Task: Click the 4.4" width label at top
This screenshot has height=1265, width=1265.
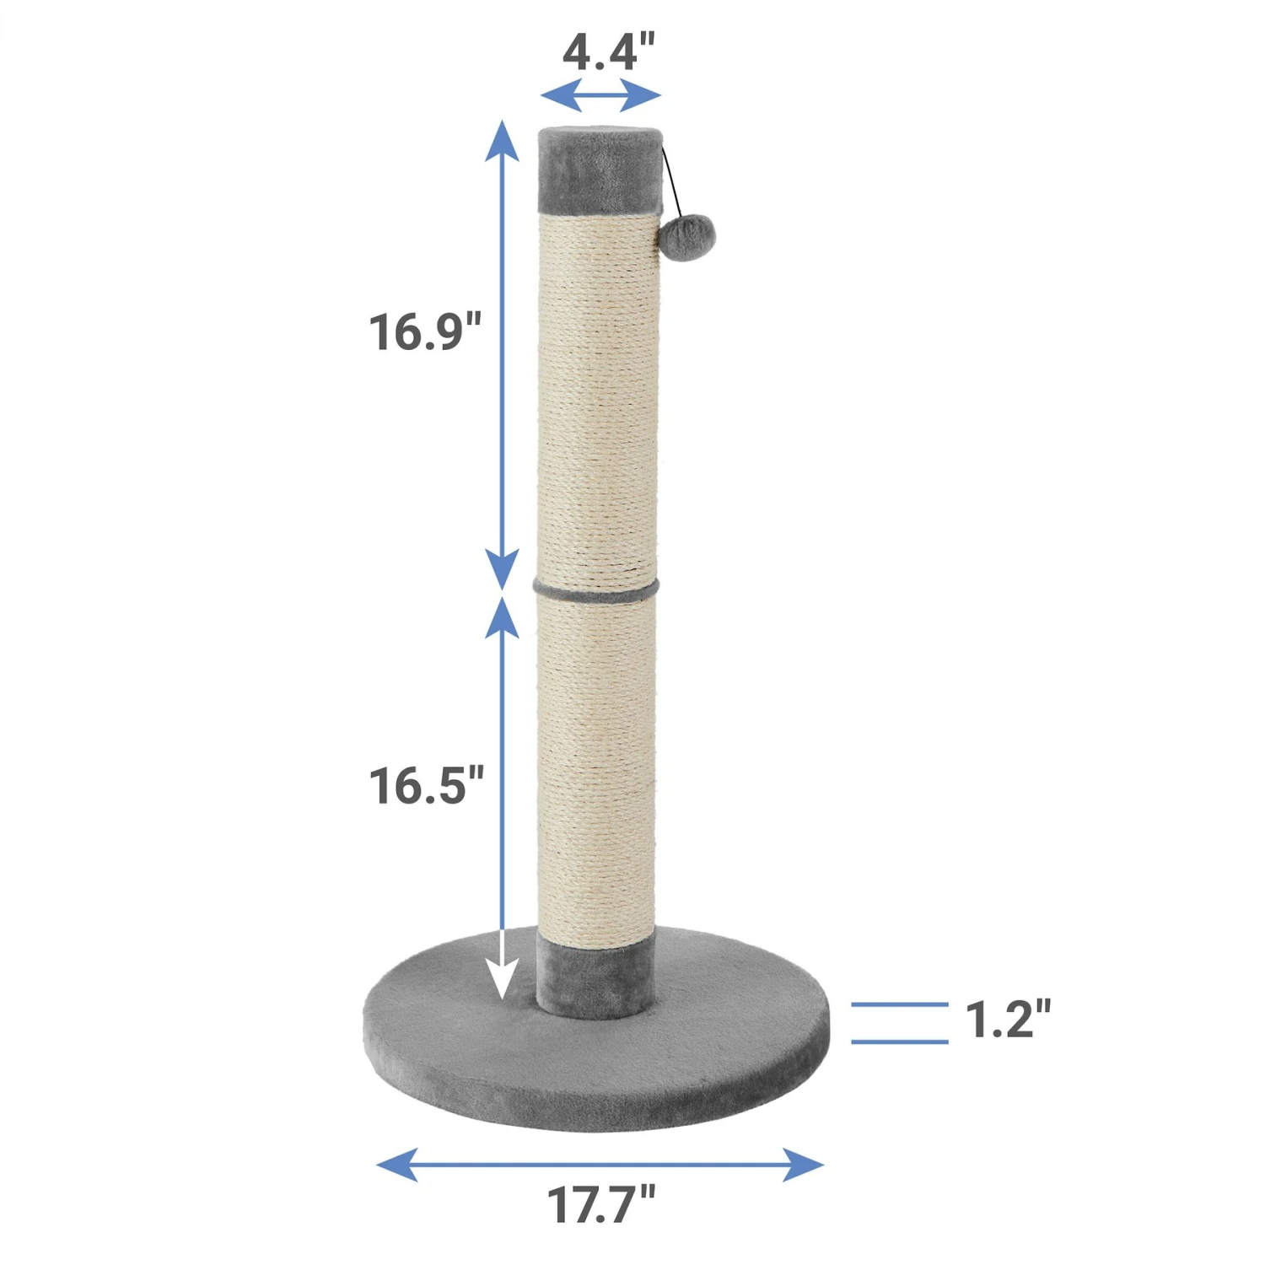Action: tap(608, 52)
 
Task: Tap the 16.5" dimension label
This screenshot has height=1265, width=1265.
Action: tap(426, 785)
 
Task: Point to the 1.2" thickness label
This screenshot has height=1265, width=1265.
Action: tap(1008, 1020)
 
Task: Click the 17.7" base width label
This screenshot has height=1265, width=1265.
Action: tap(601, 1204)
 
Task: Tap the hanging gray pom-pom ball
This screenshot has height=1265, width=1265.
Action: tap(688, 234)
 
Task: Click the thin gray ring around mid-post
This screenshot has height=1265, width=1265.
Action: tap(596, 589)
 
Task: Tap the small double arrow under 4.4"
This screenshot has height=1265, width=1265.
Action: tap(600, 95)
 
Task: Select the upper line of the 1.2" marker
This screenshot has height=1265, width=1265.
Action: tap(899, 1004)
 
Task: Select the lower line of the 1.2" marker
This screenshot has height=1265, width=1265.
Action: tap(899, 1042)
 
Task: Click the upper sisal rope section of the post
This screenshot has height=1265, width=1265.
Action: tap(597, 396)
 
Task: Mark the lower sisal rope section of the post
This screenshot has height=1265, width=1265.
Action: tap(596, 759)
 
